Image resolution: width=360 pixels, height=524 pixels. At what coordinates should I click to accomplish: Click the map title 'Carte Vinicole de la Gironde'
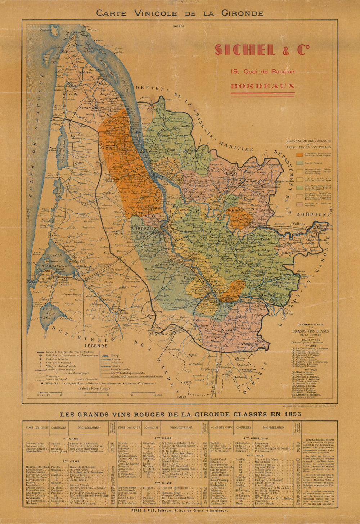point(180,13)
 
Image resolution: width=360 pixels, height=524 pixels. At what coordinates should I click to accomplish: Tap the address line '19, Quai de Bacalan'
point(257,72)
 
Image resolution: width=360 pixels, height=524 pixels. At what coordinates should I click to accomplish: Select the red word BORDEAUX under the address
point(262,86)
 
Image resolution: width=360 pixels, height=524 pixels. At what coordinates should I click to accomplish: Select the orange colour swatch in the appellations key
point(299,154)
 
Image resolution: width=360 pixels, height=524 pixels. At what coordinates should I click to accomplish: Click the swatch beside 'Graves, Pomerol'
point(299,163)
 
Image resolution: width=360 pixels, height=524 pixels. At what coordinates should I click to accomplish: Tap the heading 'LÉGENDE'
point(96,345)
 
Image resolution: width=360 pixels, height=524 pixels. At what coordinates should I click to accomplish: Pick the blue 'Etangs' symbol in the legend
point(105,355)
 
